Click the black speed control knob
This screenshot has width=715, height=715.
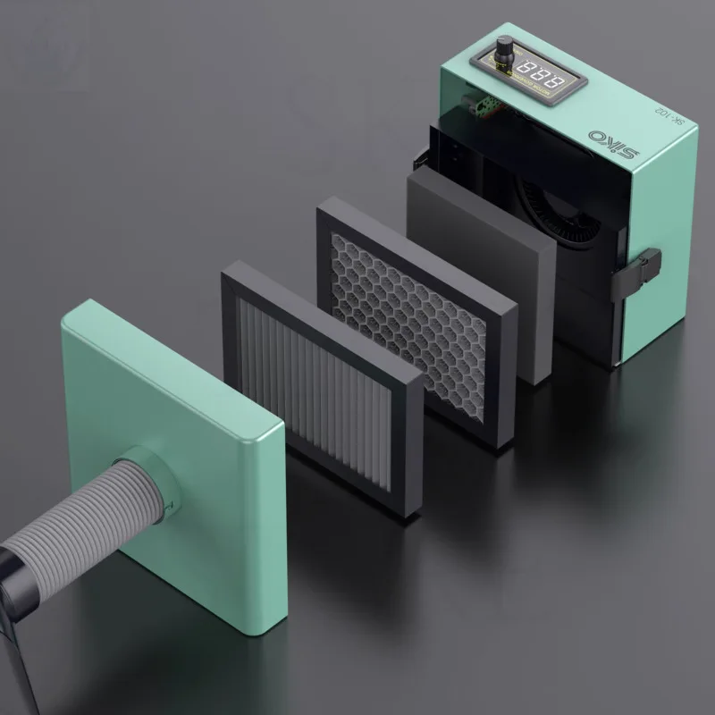(x=506, y=46)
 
